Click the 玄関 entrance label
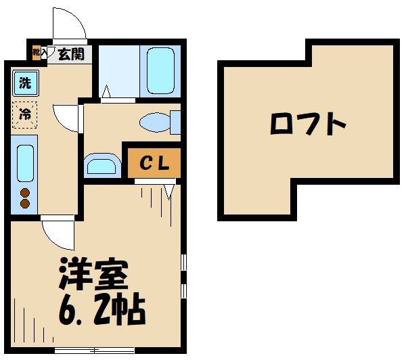click(70, 53)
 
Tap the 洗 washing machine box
click(25, 85)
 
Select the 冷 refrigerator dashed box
click(25, 114)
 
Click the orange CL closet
click(154, 162)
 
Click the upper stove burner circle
click(25, 192)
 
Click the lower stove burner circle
click(25, 203)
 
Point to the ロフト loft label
click(308, 125)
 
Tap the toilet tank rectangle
click(176, 122)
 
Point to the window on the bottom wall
click(85, 350)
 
